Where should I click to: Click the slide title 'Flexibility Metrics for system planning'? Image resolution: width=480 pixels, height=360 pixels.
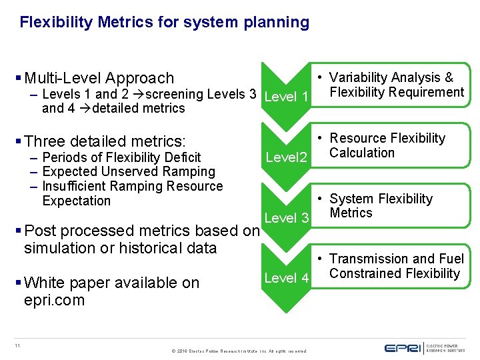point(164,22)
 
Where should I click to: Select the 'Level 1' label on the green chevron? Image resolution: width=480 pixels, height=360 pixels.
point(286,97)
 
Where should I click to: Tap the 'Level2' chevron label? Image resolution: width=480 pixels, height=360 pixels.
point(286,158)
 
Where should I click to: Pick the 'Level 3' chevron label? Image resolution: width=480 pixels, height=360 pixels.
point(286,218)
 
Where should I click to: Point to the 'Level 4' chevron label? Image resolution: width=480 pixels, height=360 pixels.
point(286,277)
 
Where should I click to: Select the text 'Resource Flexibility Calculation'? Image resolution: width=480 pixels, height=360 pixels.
point(387,145)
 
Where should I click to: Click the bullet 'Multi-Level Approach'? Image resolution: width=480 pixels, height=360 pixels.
point(99,78)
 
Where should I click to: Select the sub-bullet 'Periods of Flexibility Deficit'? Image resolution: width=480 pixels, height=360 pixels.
point(121,157)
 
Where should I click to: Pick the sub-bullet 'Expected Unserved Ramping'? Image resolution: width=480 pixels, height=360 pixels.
point(128,172)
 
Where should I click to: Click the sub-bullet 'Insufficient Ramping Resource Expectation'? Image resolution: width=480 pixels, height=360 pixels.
point(131,193)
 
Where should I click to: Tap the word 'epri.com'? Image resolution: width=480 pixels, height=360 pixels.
point(54,300)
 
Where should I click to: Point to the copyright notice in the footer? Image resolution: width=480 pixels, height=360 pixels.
point(239,351)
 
